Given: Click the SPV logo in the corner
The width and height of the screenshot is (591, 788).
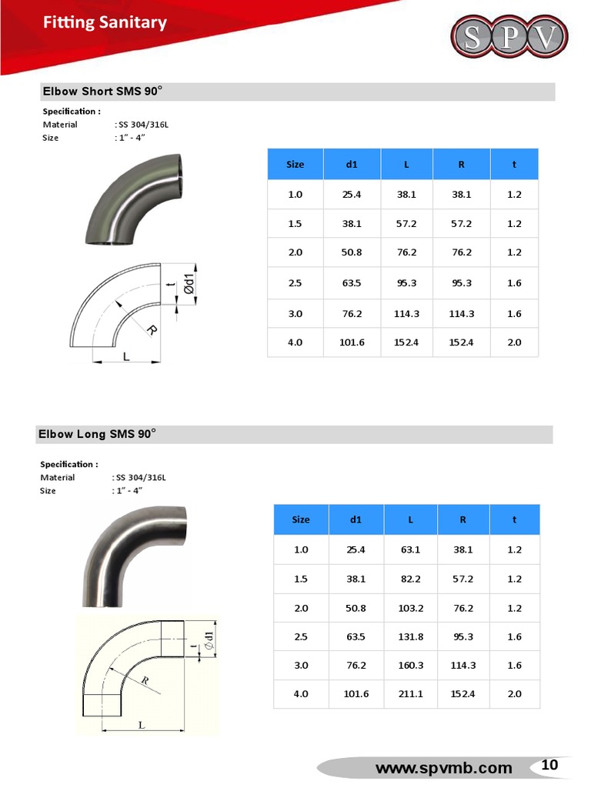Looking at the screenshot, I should (509, 36).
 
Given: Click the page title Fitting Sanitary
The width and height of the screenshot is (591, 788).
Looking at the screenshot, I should (105, 22).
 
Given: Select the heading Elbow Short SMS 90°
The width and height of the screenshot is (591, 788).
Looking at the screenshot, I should (102, 92).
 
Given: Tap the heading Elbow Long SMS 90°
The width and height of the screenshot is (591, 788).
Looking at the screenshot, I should (97, 434).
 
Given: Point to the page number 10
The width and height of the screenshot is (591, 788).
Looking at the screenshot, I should (549, 765).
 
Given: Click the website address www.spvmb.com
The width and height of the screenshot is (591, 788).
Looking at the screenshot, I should (443, 767).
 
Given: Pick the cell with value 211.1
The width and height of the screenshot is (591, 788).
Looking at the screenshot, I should (411, 694).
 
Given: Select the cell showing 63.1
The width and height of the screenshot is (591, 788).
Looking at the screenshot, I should (411, 549).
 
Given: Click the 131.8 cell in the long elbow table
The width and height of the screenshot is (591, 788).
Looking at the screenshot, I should (411, 636).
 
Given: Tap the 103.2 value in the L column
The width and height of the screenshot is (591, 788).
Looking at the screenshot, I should (411, 608).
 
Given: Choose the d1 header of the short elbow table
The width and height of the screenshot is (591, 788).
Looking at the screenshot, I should (352, 164).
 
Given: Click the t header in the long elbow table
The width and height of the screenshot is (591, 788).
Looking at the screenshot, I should (514, 519).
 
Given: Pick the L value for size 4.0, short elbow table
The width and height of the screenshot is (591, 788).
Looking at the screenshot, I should (407, 342).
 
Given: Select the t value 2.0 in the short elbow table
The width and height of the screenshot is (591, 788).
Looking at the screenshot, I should (514, 342).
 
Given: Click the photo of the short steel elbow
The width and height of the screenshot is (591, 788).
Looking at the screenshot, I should (134, 200).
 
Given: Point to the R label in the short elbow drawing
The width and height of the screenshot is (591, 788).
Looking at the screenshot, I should (151, 331).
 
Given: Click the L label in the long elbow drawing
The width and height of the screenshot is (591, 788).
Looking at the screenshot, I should (142, 725).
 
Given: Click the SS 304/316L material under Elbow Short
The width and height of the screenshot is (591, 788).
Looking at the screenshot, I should (142, 125).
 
